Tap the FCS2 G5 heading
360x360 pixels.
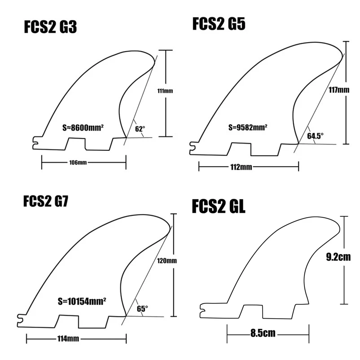[219, 23]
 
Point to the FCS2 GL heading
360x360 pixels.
[219, 207]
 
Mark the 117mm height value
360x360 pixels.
[338, 89]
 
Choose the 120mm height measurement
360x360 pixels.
[165, 261]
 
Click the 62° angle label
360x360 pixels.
[140, 129]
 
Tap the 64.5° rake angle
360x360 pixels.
[315, 136]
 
